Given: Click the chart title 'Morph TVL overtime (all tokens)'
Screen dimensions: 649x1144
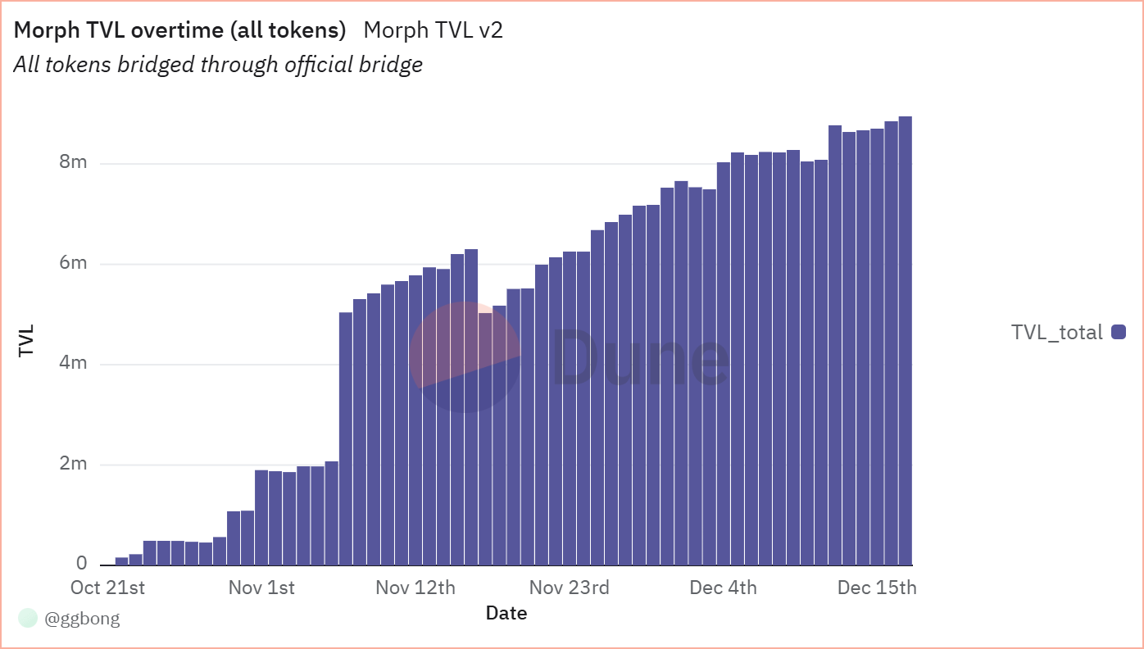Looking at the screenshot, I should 180,31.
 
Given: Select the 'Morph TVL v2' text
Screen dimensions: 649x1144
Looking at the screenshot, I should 433,31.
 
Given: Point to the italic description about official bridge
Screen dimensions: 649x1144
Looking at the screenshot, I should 218,65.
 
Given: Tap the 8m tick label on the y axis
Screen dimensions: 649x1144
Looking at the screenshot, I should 72,162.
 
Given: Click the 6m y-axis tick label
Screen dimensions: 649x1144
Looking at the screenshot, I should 72,263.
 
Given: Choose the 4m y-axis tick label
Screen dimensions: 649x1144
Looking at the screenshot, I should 72,363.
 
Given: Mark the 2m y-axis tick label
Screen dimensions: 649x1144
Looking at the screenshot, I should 72,464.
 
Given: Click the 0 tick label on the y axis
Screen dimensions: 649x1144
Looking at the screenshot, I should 81,564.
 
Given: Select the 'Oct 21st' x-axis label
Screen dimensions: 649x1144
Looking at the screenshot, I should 107,588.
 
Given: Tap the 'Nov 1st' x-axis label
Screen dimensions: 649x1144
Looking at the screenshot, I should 261,588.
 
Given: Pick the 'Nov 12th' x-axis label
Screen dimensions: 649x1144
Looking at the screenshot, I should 415,588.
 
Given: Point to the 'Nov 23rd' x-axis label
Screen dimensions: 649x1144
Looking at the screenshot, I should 569,588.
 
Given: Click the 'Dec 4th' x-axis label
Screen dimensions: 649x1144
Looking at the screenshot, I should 723,588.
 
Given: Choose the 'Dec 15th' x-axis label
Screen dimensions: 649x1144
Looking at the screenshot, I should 876,588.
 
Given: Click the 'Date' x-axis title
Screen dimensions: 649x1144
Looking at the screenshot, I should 506,613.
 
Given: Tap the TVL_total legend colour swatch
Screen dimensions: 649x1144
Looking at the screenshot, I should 1119,332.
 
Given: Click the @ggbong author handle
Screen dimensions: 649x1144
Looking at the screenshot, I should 82,619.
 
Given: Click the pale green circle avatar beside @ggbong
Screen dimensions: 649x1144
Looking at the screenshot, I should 28,619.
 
